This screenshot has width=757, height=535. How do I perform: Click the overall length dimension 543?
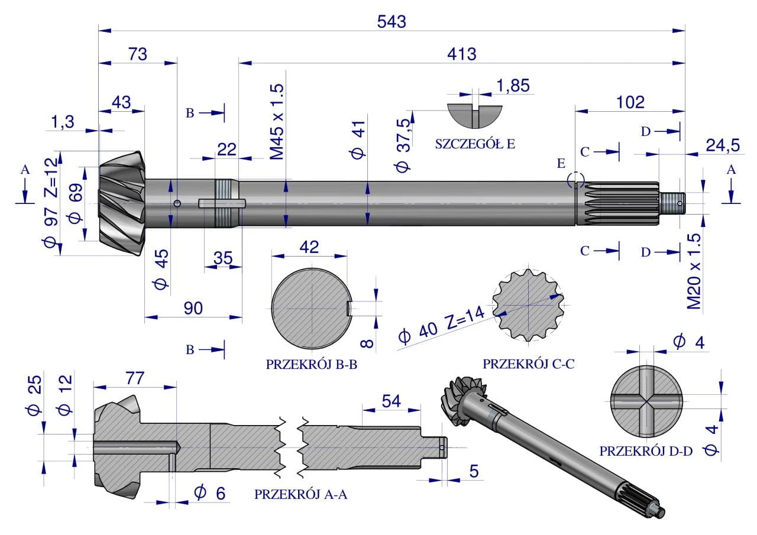tap(392, 21)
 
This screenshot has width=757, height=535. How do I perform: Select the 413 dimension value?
tap(462, 54)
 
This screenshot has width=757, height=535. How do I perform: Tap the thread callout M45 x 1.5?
tap(277, 122)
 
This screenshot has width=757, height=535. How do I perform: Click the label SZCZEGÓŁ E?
tap(475, 144)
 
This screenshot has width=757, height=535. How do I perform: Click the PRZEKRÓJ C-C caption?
tap(528, 364)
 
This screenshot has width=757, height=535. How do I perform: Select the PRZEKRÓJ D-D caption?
tap(645, 451)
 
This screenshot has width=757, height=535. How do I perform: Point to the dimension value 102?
tap(630, 102)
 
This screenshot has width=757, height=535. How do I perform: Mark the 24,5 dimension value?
tap(720, 144)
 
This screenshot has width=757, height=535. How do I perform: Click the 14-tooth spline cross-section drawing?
tap(528, 305)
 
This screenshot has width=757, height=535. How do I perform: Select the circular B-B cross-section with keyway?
tap(312, 308)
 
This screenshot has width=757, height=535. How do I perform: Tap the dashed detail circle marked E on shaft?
tap(576, 180)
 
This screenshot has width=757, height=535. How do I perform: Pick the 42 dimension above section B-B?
tap(309, 247)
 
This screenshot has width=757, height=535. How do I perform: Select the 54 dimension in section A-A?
tap(391, 401)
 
